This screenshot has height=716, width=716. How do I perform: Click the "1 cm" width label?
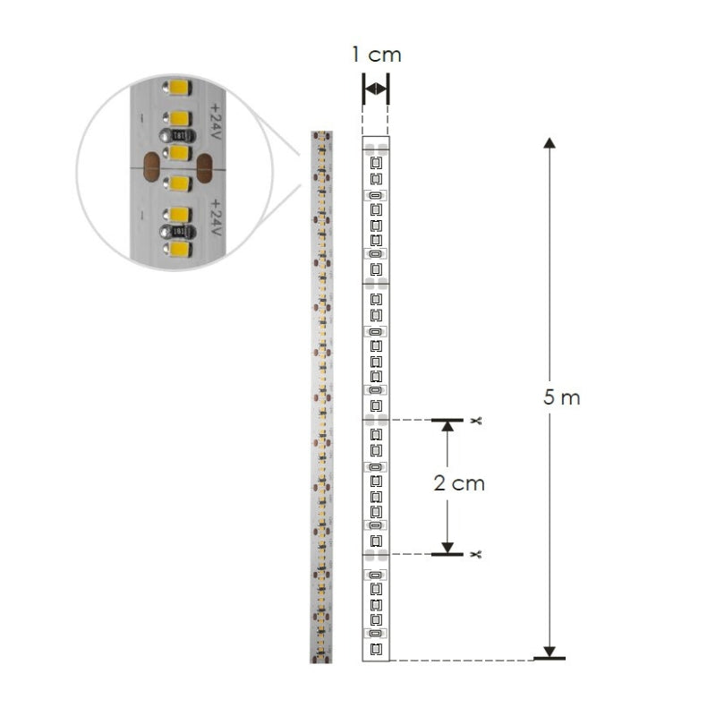coord(376,55)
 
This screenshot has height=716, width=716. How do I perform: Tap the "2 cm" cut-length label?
coord(459,483)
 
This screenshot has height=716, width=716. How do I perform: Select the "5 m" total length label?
coord(562,397)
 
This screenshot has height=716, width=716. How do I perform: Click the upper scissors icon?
coord(476,421)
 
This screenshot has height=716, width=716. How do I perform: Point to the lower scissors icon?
coord(476,554)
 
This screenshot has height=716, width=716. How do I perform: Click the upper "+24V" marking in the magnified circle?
coord(215,122)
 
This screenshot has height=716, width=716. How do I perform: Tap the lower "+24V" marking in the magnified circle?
coord(215,217)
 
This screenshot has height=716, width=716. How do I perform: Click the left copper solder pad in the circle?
coord(151,167)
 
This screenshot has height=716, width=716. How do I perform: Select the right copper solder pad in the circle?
coord(204,168)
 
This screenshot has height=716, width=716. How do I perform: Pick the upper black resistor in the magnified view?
coord(177,136)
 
